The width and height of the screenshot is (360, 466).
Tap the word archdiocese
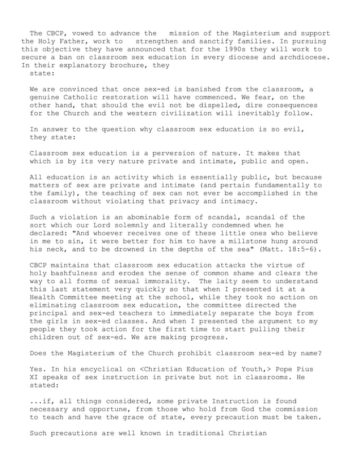tap(304, 57)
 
